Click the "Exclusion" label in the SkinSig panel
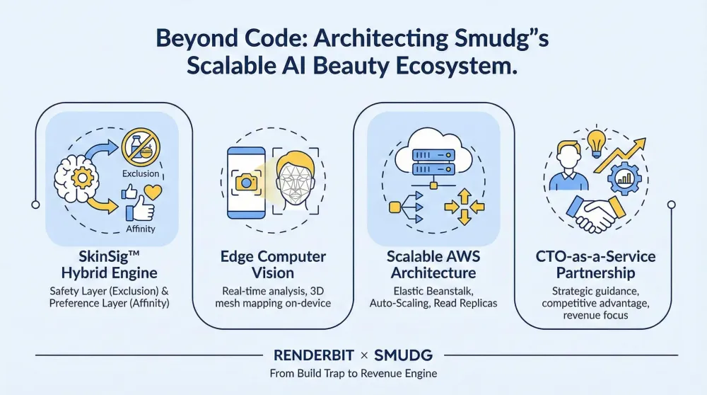(x=141, y=173)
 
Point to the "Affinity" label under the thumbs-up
(x=140, y=229)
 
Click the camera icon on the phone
(x=247, y=182)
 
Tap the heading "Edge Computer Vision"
(x=274, y=265)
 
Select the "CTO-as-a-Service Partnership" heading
(x=595, y=265)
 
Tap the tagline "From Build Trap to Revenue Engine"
(x=353, y=374)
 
